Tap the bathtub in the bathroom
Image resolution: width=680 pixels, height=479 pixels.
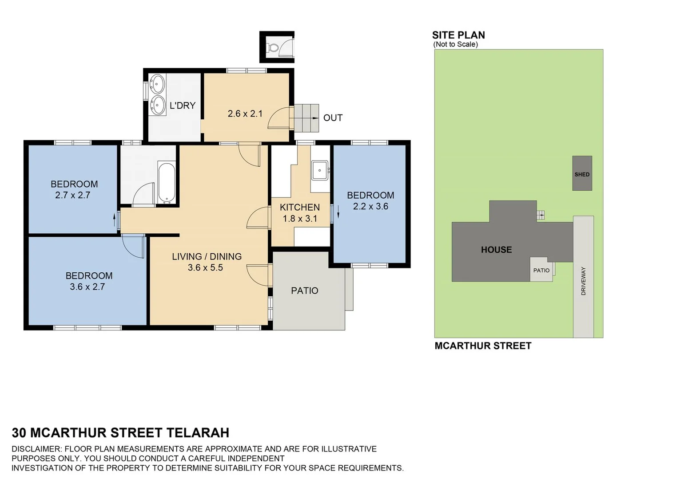167,183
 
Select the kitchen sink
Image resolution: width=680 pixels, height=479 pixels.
319,170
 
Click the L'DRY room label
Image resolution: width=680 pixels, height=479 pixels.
183,106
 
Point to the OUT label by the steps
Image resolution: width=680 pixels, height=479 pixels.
333,118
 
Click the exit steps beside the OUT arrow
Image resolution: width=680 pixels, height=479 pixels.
306,118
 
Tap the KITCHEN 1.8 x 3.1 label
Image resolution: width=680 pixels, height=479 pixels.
300,213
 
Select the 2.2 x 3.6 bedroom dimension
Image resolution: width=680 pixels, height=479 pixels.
370,207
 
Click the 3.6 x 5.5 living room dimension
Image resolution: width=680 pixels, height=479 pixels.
205,267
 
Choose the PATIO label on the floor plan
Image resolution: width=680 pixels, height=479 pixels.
304,291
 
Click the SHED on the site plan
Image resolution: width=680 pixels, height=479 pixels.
582,173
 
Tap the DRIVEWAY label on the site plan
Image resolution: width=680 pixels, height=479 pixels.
583,281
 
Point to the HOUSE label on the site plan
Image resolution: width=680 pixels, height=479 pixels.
496,250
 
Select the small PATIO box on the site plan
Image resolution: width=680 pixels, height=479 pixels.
541,270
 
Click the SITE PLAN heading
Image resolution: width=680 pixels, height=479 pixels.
458,35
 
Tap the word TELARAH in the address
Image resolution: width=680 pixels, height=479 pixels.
198,432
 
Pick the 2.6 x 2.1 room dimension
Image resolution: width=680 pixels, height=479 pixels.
245,114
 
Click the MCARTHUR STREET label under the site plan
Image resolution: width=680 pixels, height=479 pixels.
483,346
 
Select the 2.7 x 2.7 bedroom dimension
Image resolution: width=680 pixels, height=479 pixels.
73,195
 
